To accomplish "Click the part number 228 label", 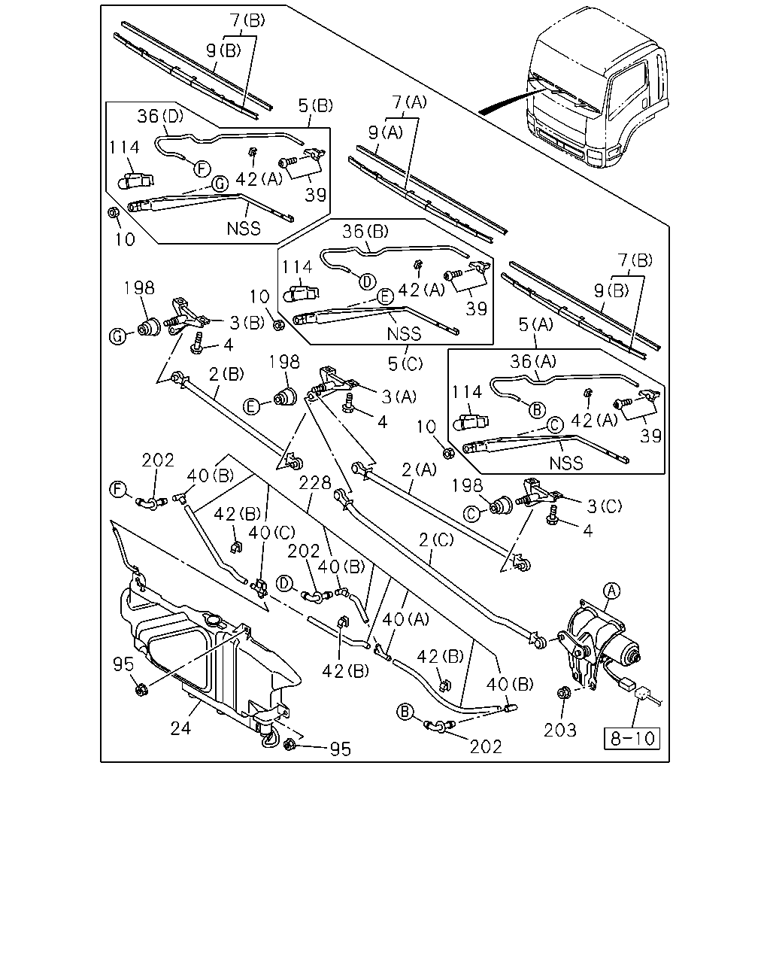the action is (314, 483).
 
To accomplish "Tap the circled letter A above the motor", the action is (611, 591).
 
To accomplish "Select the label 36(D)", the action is (160, 117).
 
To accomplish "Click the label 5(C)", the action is (405, 363).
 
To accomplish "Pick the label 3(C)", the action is (604, 506).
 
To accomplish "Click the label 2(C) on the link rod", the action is (436, 540).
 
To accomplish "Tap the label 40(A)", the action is (405, 619).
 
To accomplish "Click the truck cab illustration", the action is (597, 87).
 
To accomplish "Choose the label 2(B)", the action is (226, 374).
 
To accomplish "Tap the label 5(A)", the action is (535, 324).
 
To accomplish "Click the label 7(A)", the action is (409, 102).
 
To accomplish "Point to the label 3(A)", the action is (399, 396).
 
